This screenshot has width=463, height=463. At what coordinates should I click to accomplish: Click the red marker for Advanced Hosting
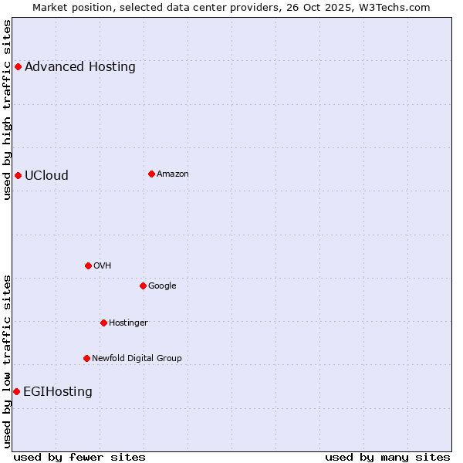18,66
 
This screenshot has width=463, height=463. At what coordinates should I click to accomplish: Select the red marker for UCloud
18,175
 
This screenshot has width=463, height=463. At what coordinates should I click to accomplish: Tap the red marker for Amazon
151,174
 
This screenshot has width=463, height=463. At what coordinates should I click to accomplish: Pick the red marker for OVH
88,265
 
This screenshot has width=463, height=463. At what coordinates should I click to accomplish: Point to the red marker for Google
143,286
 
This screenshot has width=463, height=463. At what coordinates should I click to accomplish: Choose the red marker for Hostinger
103,323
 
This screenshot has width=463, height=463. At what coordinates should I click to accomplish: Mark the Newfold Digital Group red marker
86,358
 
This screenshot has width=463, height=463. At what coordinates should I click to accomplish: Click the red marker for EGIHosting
16,391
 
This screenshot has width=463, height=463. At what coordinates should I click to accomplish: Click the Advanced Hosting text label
80,66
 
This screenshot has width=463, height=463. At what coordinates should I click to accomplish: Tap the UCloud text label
46,175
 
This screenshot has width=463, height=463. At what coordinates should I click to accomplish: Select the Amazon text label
173,174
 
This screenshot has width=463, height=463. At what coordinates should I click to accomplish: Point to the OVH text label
103,265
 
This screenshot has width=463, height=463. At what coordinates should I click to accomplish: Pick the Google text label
162,286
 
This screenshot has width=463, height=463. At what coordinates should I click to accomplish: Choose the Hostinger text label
128,323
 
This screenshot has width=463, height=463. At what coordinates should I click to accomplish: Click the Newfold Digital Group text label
137,358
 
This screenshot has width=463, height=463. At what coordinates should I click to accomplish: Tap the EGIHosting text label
58,391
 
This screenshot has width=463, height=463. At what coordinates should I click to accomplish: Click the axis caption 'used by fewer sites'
79,457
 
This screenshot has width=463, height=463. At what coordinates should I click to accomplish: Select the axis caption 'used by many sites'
387,457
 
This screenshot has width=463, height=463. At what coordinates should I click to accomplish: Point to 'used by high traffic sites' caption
8,110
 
